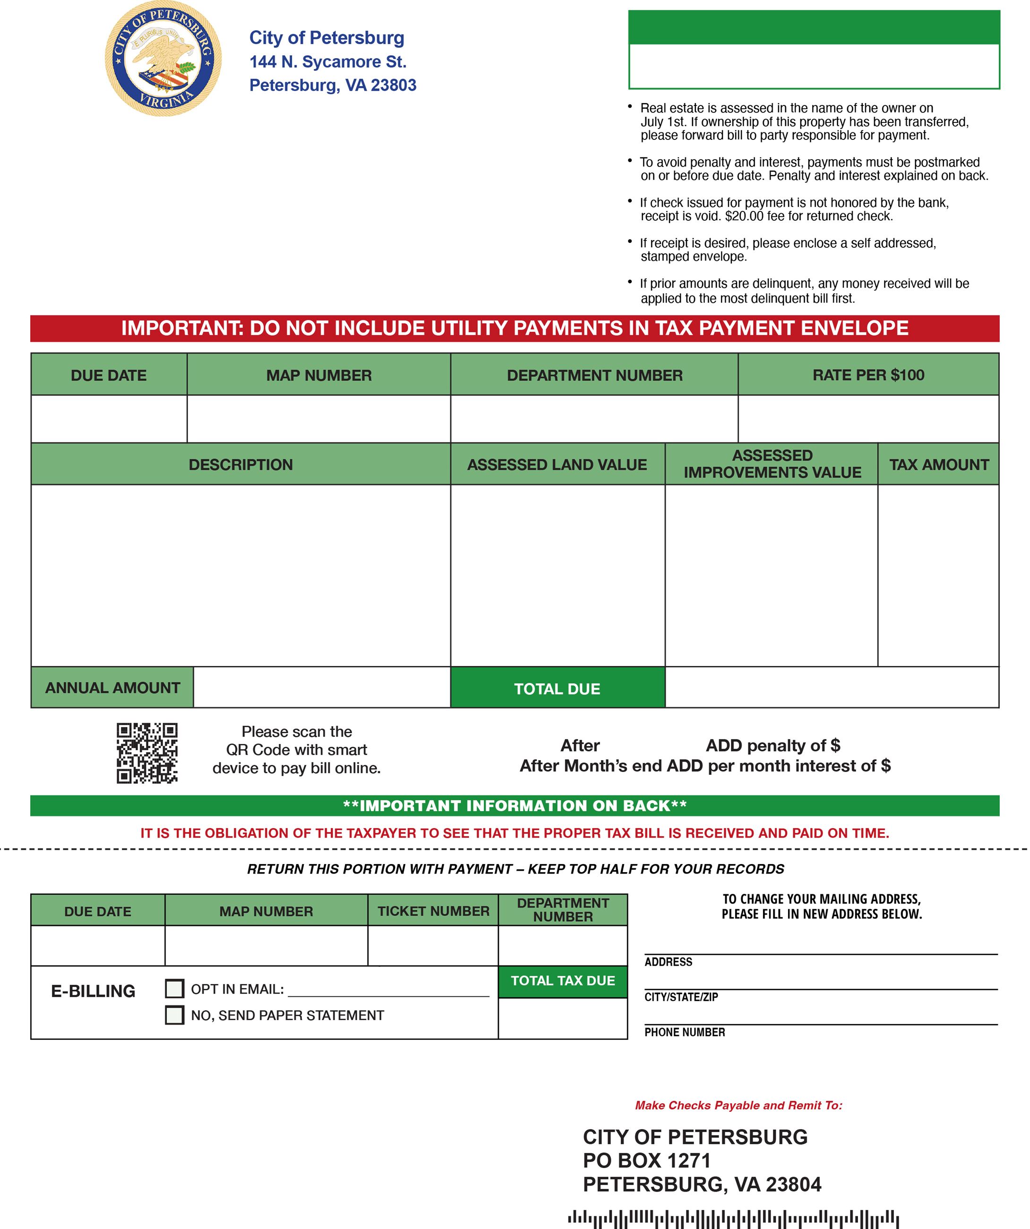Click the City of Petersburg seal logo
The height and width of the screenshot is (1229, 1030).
(x=163, y=59)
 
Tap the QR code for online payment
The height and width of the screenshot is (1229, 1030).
(x=147, y=753)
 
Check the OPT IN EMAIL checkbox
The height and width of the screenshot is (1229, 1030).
(x=174, y=988)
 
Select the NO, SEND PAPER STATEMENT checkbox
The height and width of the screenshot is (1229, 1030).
(x=174, y=1015)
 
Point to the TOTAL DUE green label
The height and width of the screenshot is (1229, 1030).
(x=557, y=688)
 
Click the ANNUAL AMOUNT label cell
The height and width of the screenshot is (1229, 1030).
(x=112, y=688)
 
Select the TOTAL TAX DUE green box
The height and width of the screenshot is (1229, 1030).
(x=563, y=980)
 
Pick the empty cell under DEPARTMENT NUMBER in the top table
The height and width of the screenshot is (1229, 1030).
(x=594, y=418)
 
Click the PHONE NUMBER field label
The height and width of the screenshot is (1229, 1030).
(x=684, y=1032)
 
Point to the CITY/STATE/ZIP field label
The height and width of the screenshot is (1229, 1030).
(x=681, y=997)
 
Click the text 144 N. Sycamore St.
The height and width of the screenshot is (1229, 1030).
(x=327, y=61)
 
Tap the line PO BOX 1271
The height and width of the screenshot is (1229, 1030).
(x=646, y=1160)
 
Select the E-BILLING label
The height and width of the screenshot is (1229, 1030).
(x=93, y=991)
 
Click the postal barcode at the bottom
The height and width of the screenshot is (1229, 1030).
(x=733, y=1219)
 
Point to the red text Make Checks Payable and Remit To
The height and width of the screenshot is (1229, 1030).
(x=738, y=1105)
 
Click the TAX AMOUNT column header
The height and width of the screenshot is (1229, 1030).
(x=938, y=465)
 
